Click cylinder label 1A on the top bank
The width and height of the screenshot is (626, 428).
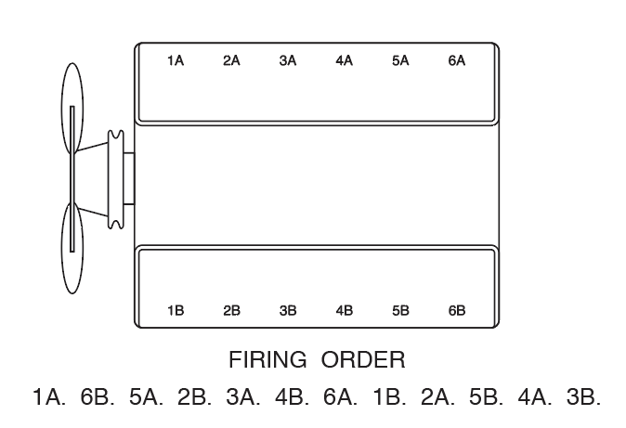[176, 61]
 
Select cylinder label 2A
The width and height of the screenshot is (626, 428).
[231, 61]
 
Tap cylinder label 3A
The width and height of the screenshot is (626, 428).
[288, 61]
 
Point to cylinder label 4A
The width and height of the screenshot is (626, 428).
[345, 61]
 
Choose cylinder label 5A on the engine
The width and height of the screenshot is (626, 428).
[400, 61]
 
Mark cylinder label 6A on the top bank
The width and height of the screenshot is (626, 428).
[457, 61]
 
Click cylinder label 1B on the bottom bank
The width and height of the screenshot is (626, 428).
[176, 311]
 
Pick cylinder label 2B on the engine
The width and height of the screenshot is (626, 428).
[231, 311]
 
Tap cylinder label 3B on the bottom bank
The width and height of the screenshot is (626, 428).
[288, 311]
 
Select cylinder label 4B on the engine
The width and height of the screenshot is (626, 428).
[345, 311]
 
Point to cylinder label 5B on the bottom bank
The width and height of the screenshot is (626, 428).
[400, 311]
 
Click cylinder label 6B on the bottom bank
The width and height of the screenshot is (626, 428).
[457, 311]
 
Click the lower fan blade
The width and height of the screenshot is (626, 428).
[72, 243]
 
